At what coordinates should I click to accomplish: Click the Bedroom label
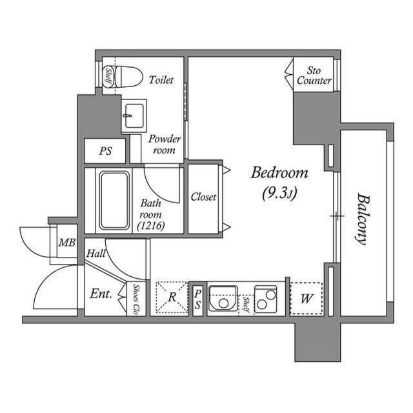279,173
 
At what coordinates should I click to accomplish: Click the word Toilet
161,81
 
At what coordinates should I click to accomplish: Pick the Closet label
203,197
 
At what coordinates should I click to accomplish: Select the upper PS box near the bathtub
106,152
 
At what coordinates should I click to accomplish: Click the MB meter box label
66,243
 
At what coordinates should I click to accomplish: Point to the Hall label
96,255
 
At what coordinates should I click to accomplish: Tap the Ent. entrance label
101,294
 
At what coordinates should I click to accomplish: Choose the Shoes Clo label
137,299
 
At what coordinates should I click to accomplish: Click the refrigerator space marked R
172,297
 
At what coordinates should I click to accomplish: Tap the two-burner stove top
265,297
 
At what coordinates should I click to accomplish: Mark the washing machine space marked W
306,299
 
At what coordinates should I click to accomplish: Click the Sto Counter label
314,76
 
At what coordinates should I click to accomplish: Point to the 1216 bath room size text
152,226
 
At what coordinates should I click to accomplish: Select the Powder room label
165,145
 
